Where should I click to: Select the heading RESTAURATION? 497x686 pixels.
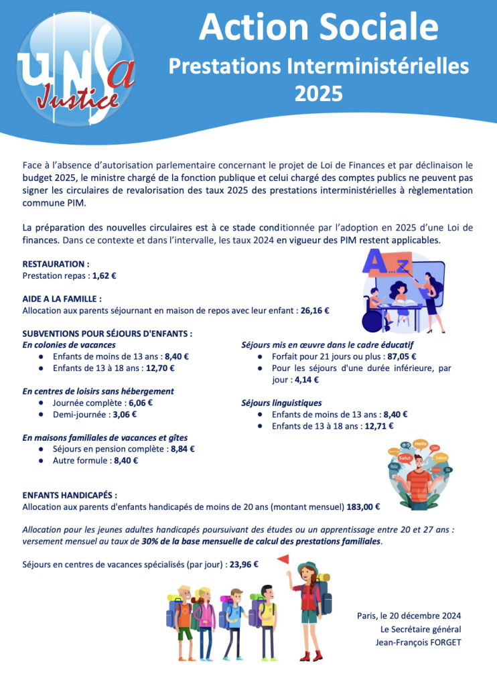click(x=56, y=264)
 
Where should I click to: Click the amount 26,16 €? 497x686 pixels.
click(x=315, y=310)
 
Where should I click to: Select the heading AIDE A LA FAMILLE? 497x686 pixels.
click(x=62, y=299)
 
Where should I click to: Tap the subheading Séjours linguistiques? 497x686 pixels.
click(x=281, y=403)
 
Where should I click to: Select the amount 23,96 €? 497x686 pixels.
click(x=244, y=564)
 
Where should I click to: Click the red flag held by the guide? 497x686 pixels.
click(x=283, y=559)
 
